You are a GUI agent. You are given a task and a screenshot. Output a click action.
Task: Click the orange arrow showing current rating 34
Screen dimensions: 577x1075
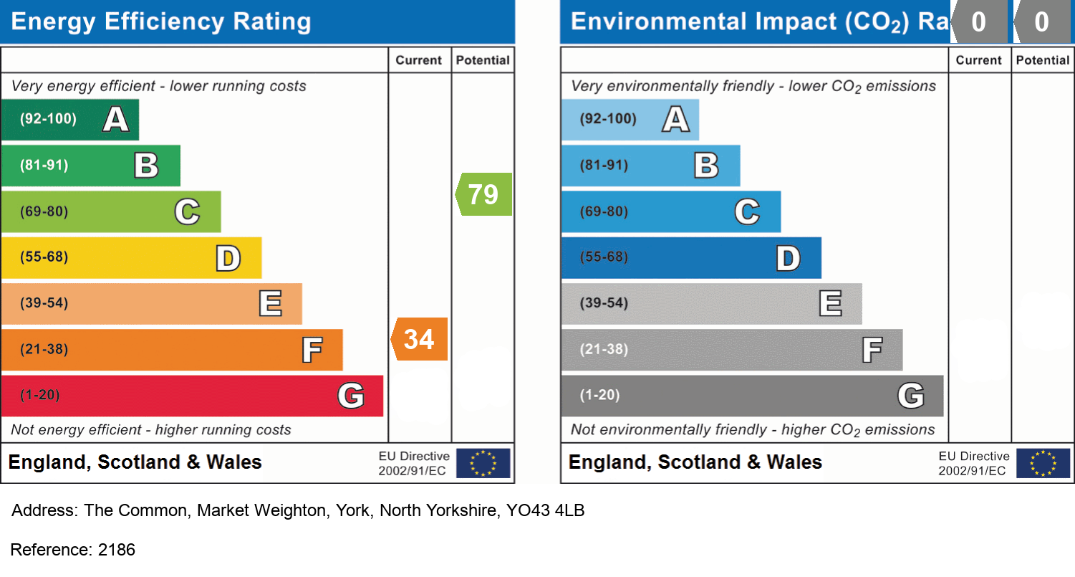click(420, 339)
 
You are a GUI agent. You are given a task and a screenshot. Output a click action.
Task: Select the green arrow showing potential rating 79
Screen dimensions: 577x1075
click(484, 194)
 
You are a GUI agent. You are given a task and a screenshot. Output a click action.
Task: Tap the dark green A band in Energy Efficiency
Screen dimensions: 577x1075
click(69, 119)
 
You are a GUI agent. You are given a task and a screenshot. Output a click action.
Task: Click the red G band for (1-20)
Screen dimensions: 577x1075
click(191, 396)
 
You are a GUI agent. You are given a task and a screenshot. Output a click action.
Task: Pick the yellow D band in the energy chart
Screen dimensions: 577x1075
click(131, 257)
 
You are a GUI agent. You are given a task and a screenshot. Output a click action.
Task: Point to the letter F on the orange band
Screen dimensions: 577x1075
click(312, 350)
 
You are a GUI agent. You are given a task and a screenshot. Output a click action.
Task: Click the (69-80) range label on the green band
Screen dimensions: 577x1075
click(44, 211)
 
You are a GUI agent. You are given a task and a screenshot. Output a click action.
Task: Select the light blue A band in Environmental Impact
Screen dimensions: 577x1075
click(630, 119)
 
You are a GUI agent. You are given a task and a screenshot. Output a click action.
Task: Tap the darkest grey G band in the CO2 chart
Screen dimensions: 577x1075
click(752, 396)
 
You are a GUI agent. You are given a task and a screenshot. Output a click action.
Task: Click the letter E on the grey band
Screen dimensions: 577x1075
click(830, 304)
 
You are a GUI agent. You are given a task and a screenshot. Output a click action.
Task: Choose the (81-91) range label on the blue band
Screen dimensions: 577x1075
click(604, 165)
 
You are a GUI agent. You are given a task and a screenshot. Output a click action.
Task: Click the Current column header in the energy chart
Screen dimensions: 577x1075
click(419, 60)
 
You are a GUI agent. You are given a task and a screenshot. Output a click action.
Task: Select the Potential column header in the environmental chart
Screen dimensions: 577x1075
click(1042, 60)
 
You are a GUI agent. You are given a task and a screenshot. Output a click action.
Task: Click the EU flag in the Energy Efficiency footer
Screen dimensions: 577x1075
click(483, 463)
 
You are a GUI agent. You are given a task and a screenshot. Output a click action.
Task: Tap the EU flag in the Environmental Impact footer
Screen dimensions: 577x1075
click(1043, 463)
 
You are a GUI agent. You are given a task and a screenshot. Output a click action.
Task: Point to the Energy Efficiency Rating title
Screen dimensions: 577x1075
click(161, 22)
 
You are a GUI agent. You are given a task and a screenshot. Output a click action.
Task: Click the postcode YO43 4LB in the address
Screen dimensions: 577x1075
click(545, 511)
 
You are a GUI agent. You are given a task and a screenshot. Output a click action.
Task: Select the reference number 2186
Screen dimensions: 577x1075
click(116, 550)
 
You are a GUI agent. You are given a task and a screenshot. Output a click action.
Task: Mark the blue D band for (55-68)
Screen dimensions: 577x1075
click(691, 257)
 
